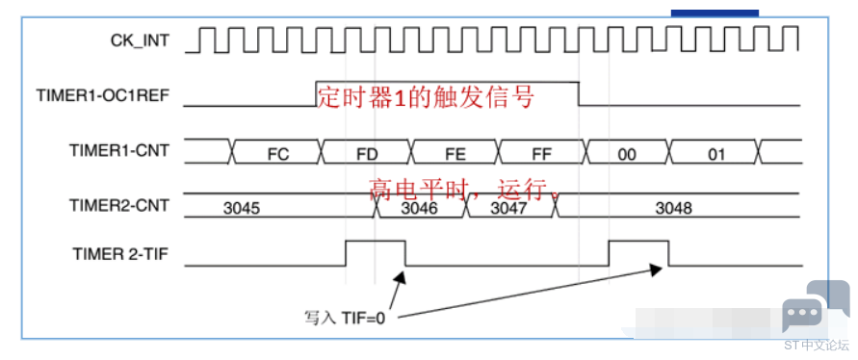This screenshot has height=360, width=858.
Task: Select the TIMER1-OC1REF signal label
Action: [x=103, y=95]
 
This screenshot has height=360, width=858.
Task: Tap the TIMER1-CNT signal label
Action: [x=119, y=150]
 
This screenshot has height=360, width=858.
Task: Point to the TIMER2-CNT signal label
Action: [x=119, y=205]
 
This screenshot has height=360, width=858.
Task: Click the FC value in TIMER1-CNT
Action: [x=278, y=155]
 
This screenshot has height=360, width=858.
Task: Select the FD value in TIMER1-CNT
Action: [x=367, y=155]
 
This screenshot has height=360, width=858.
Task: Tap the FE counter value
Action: [x=455, y=155]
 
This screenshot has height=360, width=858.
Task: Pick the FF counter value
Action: [x=542, y=155]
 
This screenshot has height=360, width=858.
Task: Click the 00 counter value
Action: [x=627, y=155]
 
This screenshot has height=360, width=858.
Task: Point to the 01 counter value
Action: [x=715, y=155]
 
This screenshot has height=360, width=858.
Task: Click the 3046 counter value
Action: [x=421, y=209]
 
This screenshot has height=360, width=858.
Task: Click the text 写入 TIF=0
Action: [x=345, y=318]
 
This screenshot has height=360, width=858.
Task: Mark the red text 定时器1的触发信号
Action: [x=426, y=98]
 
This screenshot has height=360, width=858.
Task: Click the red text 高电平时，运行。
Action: [x=465, y=190]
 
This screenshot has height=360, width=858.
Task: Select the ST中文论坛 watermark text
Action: [x=817, y=346]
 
